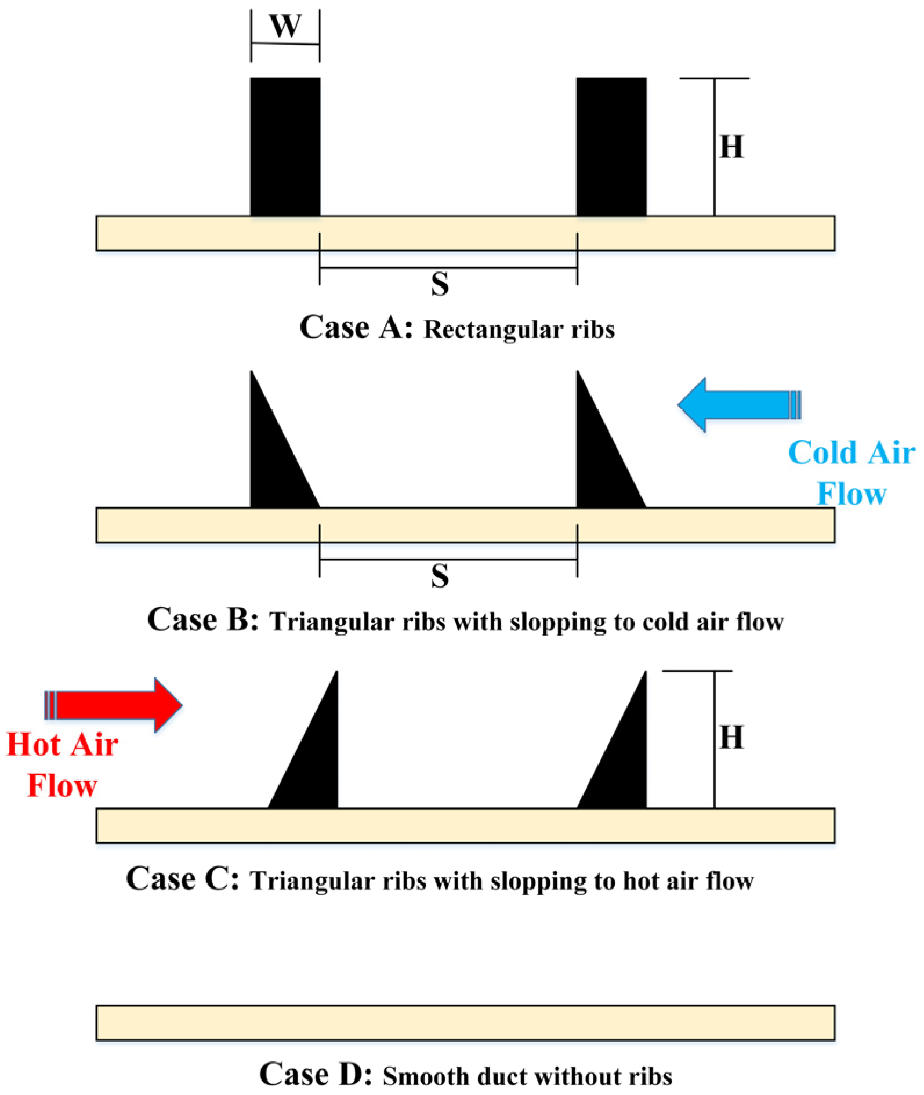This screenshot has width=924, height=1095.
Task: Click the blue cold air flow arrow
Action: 737,404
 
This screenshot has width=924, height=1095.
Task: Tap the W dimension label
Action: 285,27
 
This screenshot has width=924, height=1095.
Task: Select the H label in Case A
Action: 731,147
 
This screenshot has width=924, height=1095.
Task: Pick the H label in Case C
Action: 731,738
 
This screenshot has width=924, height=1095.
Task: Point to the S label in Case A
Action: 440,284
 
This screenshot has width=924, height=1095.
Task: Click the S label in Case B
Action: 440,576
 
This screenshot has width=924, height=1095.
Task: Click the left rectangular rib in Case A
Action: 285,147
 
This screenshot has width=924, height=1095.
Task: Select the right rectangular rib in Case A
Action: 611,147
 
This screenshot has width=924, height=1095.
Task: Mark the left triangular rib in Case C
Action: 316,766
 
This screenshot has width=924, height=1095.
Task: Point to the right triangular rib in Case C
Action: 625,766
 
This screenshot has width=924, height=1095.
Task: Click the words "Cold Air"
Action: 851,452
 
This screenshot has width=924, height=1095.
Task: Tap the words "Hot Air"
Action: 63,744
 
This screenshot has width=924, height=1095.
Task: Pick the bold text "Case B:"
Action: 203,619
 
